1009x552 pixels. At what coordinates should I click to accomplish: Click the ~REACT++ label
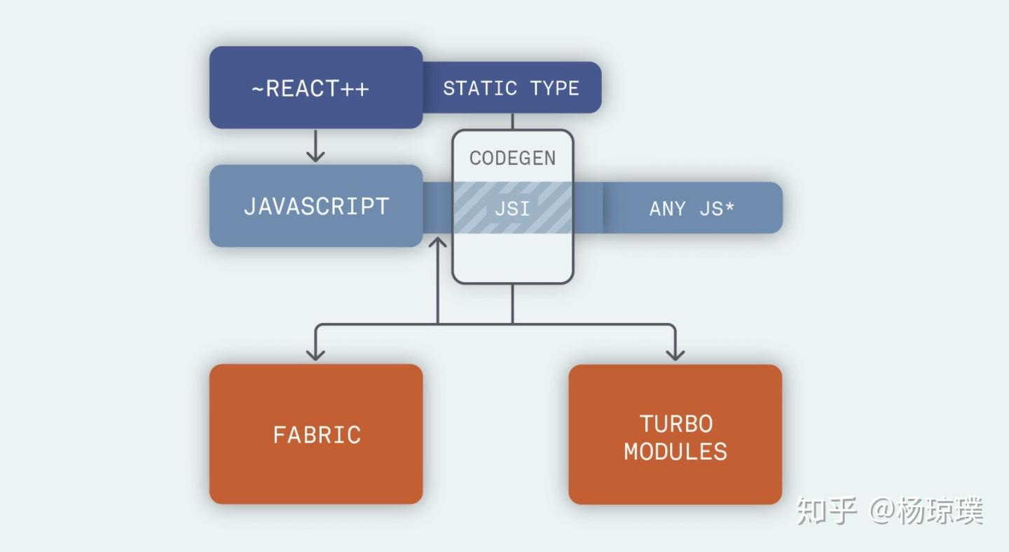[x=310, y=88]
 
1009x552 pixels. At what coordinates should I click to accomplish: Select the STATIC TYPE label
[x=512, y=88]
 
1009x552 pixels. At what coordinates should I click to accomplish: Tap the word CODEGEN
[x=513, y=158]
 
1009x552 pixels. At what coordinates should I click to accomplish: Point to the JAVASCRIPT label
[x=316, y=207]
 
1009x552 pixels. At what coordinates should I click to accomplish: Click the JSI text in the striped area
[x=512, y=209]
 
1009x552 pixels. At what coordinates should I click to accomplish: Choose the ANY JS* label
[x=692, y=209]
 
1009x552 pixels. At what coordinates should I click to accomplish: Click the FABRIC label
[x=317, y=435]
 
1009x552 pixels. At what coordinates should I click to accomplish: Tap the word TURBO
[x=676, y=424]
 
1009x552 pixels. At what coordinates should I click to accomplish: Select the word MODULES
[x=675, y=452]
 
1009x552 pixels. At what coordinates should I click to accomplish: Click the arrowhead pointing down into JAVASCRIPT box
[x=315, y=156]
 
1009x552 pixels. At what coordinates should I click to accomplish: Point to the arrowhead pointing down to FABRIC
[x=315, y=354]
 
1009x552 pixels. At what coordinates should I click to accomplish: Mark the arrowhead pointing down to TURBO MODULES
[x=675, y=354]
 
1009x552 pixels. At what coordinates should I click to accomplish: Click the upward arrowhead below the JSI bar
[x=437, y=242]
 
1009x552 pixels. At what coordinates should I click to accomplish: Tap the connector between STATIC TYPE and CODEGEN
[x=513, y=121]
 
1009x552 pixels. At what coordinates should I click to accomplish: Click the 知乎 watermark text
[x=826, y=511]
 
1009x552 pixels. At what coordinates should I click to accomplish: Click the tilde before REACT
[x=258, y=89]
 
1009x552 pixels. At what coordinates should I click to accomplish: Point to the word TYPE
[x=555, y=88]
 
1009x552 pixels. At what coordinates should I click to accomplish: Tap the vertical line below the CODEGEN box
[x=513, y=304]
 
